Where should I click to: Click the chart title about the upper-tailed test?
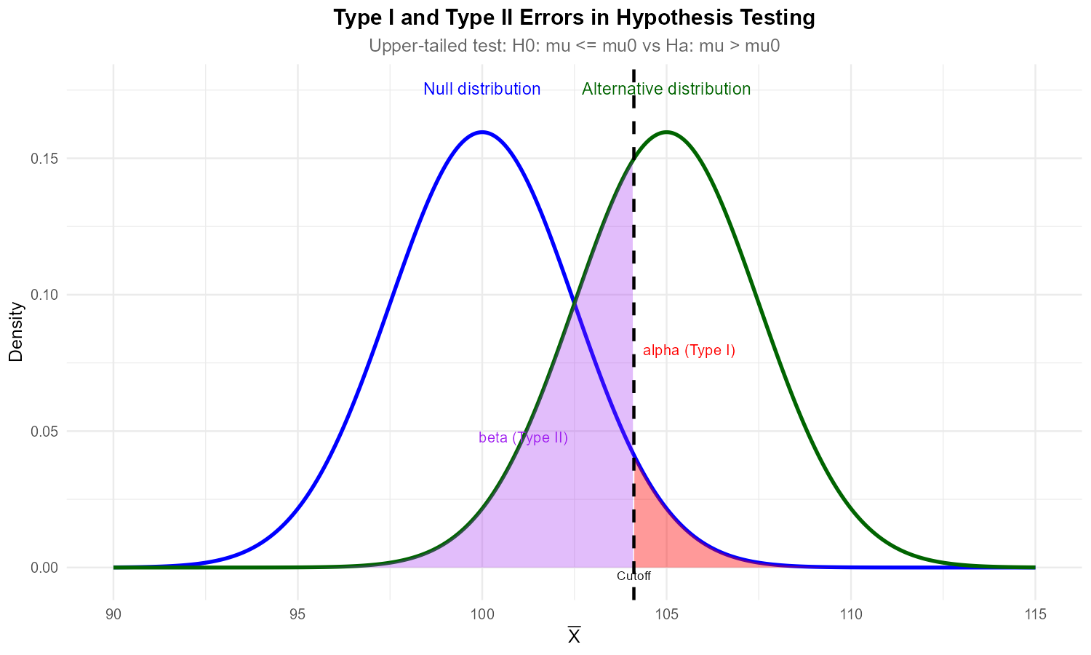click(574, 46)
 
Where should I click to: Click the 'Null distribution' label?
click(482, 89)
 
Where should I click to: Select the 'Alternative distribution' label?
click(666, 89)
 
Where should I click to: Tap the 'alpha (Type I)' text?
click(689, 351)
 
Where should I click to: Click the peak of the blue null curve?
click(482, 132)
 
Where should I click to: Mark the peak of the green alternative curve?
click(666, 132)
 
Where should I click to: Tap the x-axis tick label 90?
click(113, 615)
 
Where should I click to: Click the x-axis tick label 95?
click(297, 615)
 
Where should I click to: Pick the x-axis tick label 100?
click(482, 615)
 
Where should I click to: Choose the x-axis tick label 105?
click(666, 615)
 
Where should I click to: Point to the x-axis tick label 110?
click(851, 615)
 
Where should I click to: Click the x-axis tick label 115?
click(1035, 615)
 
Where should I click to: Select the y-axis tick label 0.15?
click(44, 159)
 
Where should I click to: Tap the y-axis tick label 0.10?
click(44, 295)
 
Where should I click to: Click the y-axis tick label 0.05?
click(44, 432)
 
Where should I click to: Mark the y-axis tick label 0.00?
click(44, 568)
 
